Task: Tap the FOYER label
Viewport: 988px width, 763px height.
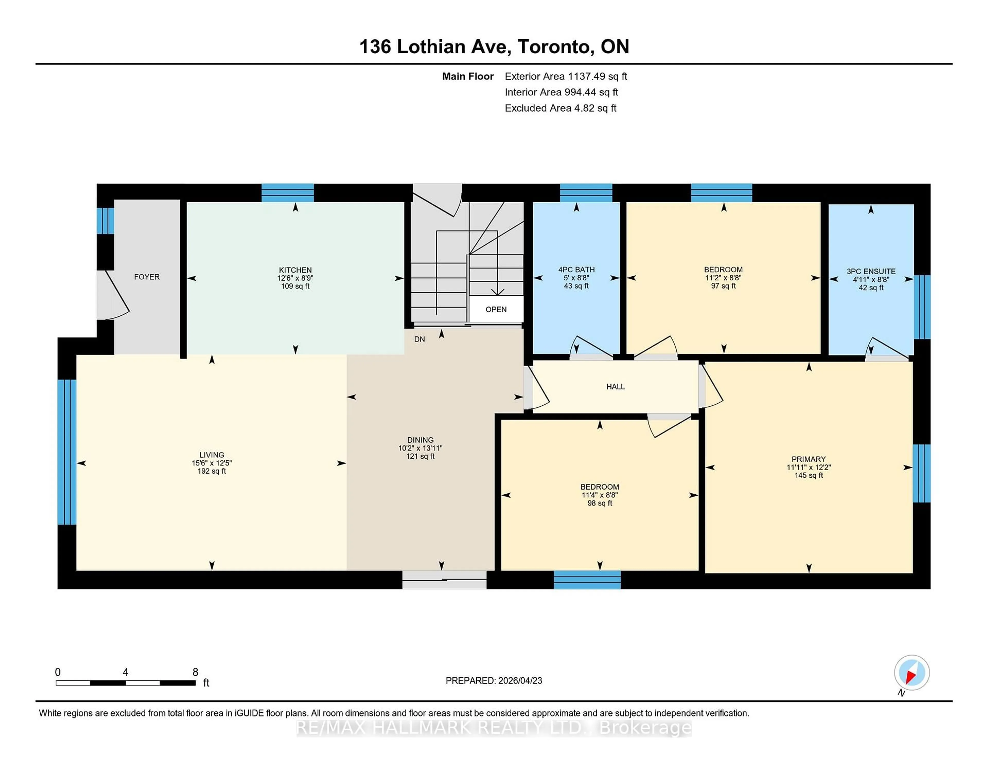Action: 147,277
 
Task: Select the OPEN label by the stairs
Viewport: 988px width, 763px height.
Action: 496,309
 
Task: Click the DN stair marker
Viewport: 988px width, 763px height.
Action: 419,339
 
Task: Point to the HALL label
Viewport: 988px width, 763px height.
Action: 615,386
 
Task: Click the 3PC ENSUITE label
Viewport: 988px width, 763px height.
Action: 871,271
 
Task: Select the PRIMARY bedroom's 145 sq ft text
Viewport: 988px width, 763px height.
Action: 808,475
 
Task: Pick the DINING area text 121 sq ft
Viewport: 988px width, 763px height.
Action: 420,456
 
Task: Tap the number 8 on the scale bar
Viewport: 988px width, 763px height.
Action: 196,672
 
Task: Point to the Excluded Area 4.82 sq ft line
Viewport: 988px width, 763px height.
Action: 560,108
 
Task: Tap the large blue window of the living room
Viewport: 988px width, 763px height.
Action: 67,452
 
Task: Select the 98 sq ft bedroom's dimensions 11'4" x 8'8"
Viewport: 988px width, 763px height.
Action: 599,495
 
